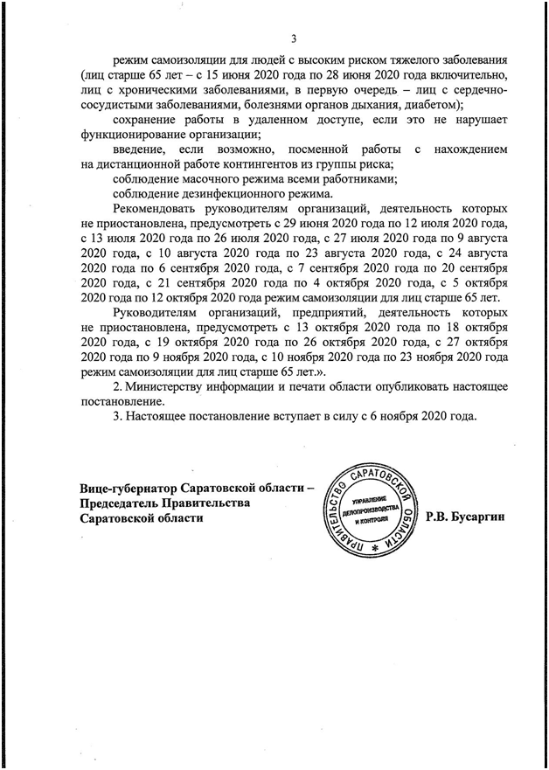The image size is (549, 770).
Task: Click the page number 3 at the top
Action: click(293, 38)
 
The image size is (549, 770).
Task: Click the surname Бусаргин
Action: click(481, 518)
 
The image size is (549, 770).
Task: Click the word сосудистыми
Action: click(122, 105)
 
